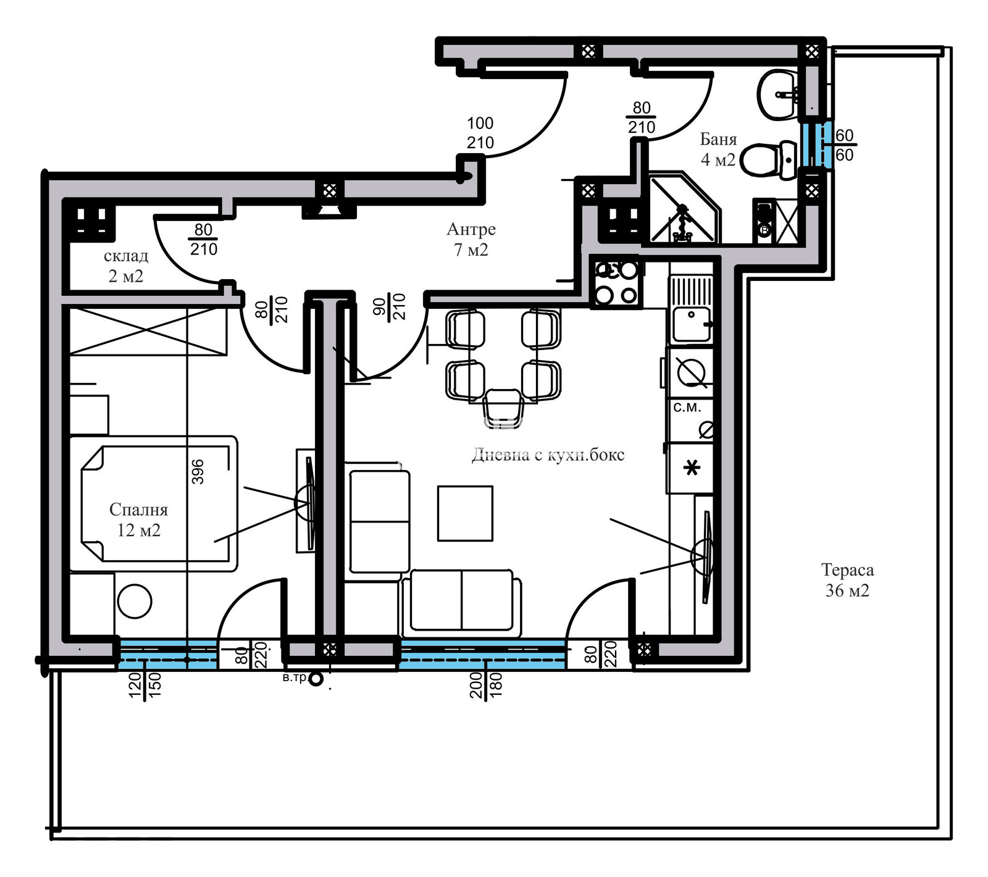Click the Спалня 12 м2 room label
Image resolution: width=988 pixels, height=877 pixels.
click(x=138, y=520)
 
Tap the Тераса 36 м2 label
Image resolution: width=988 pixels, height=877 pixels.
click(x=847, y=581)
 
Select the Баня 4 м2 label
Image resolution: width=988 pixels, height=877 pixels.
click(x=718, y=149)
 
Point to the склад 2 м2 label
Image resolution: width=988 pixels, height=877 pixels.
click(x=126, y=266)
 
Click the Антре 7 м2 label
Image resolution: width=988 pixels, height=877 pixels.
click(x=471, y=239)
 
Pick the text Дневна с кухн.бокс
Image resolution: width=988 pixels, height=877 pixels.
click(x=548, y=455)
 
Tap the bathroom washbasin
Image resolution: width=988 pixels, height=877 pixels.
click(x=777, y=94)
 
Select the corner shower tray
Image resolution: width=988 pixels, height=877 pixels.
click(x=682, y=210)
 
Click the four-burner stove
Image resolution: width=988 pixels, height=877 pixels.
click(x=616, y=283)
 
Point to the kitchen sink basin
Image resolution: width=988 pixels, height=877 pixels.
click(x=691, y=324)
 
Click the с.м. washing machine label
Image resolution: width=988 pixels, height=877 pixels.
click(x=687, y=408)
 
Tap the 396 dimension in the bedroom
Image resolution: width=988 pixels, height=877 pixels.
click(x=197, y=471)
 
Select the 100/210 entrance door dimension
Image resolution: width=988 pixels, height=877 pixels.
click(x=480, y=133)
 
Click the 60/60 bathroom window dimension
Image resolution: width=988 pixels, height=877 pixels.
click(x=844, y=145)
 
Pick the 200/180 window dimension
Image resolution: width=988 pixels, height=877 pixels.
click(x=486, y=684)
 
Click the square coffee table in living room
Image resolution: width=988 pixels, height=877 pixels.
click(x=465, y=513)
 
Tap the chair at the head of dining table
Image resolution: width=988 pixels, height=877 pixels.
click(x=503, y=405)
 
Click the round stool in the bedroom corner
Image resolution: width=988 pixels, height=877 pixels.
click(x=135, y=601)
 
